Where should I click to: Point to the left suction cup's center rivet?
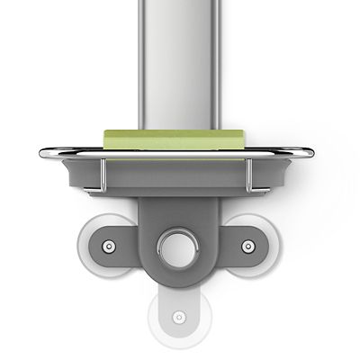[108, 246]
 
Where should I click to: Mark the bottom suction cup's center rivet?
[178, 317]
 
